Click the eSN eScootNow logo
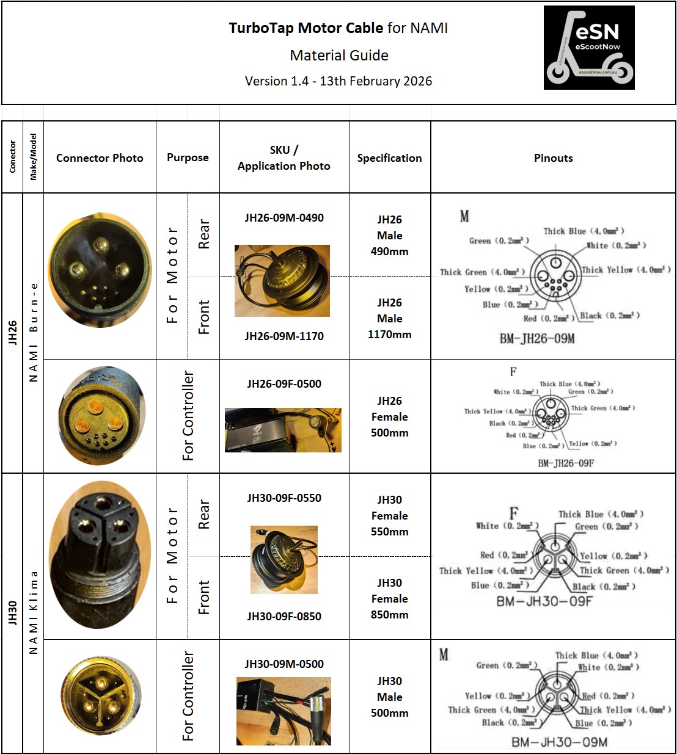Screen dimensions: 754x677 589,48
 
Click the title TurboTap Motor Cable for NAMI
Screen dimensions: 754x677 338,28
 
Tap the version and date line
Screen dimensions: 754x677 338,81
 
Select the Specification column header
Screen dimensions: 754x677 389,158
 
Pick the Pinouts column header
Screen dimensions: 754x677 553,158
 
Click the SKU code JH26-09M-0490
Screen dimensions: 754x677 284,218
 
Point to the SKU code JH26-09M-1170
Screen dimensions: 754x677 284,336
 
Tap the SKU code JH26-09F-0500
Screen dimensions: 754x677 284,384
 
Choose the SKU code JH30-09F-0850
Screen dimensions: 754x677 284,616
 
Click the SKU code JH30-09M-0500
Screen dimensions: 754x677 284,664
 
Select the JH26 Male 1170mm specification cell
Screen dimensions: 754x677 389,319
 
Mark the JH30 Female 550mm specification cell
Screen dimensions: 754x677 389,516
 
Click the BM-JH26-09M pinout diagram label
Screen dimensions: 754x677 536,339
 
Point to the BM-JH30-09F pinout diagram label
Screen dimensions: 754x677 544,601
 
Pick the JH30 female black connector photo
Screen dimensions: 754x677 100,554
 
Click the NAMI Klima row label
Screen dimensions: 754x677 34,612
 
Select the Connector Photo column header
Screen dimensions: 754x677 100,158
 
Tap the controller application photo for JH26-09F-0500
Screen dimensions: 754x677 283,430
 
